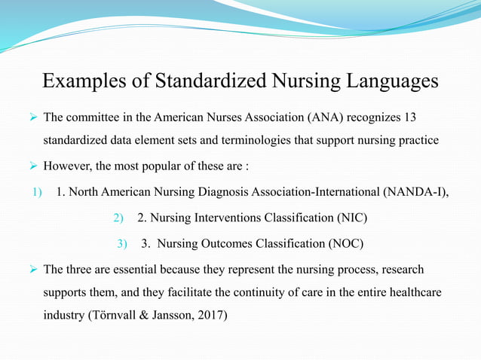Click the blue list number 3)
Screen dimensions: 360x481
click(122, 244)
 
